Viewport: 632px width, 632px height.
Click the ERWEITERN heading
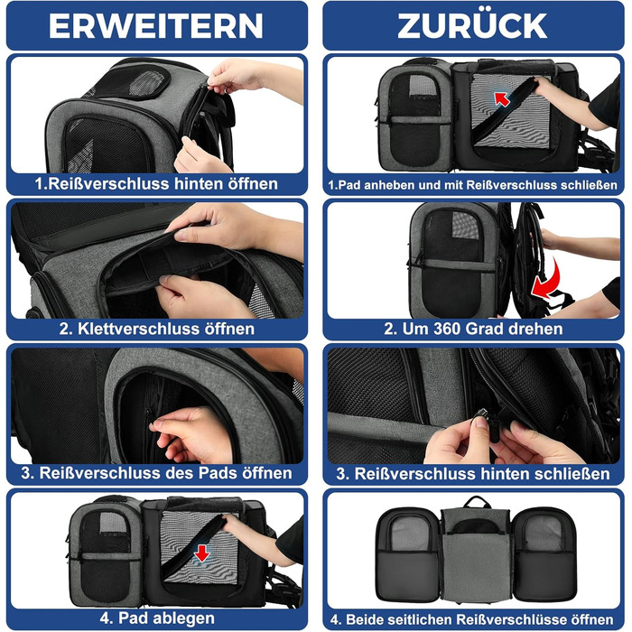[155, 26]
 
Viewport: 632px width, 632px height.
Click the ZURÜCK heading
[472, 25]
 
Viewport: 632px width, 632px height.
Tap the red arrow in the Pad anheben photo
[501, 98]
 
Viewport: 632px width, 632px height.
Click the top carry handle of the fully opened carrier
[477, 502]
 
